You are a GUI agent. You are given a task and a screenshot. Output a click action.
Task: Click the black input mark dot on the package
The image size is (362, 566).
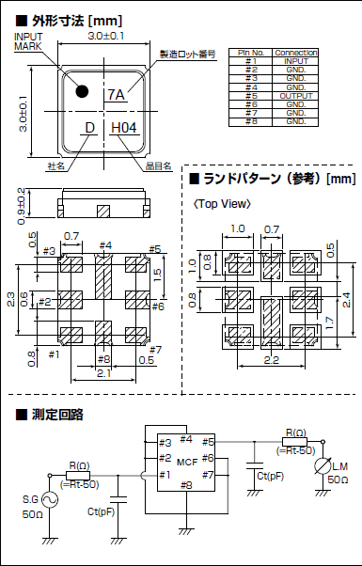coord(82,91)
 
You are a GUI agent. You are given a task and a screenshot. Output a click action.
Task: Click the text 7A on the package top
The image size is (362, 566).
coord(117,94)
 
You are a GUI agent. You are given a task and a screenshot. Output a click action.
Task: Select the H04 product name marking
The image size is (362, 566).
coord(123,128)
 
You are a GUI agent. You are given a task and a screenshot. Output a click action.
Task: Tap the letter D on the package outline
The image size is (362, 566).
coord(89,128)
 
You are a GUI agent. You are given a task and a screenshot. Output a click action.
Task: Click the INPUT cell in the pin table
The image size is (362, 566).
coord(295,61)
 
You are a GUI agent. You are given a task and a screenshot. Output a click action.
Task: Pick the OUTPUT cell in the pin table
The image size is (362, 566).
coord(295,95)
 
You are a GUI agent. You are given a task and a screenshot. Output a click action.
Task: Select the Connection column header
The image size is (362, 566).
coord(296,53)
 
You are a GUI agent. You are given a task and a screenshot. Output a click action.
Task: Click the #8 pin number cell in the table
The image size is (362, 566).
coord(250,121)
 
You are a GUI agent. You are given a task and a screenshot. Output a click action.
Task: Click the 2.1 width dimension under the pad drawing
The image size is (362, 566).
coord(103,374)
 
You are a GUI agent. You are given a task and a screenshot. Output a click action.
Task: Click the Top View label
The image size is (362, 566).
coord(223,205)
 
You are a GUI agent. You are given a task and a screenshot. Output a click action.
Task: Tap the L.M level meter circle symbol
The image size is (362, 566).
coord(323,466)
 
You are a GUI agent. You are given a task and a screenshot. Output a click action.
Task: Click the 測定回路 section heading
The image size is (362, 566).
coord(59,415)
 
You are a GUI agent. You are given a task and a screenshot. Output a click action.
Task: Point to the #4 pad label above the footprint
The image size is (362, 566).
coord(104,245)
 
